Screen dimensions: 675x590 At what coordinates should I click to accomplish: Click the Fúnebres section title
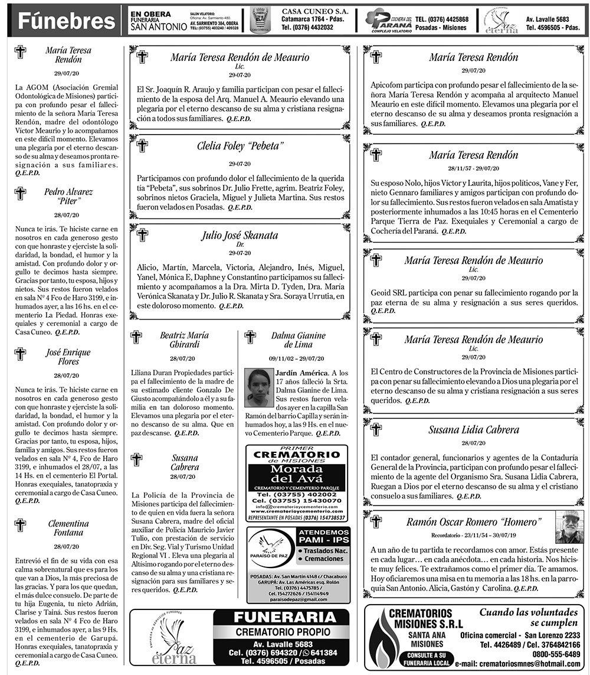[66, 21]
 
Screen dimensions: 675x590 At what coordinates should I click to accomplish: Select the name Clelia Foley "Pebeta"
[240, 146]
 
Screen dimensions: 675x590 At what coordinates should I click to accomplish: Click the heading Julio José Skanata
[240, 235]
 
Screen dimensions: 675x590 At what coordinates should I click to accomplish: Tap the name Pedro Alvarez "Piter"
[68, 196]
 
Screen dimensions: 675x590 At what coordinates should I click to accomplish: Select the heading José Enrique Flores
[68, 357]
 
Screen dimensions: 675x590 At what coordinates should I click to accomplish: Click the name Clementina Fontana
[68, 528]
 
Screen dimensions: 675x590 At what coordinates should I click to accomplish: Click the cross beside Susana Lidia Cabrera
[376, 429]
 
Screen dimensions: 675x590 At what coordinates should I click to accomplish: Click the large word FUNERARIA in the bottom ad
[284, 618]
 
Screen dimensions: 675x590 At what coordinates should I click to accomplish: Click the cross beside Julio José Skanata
[142, 234]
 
